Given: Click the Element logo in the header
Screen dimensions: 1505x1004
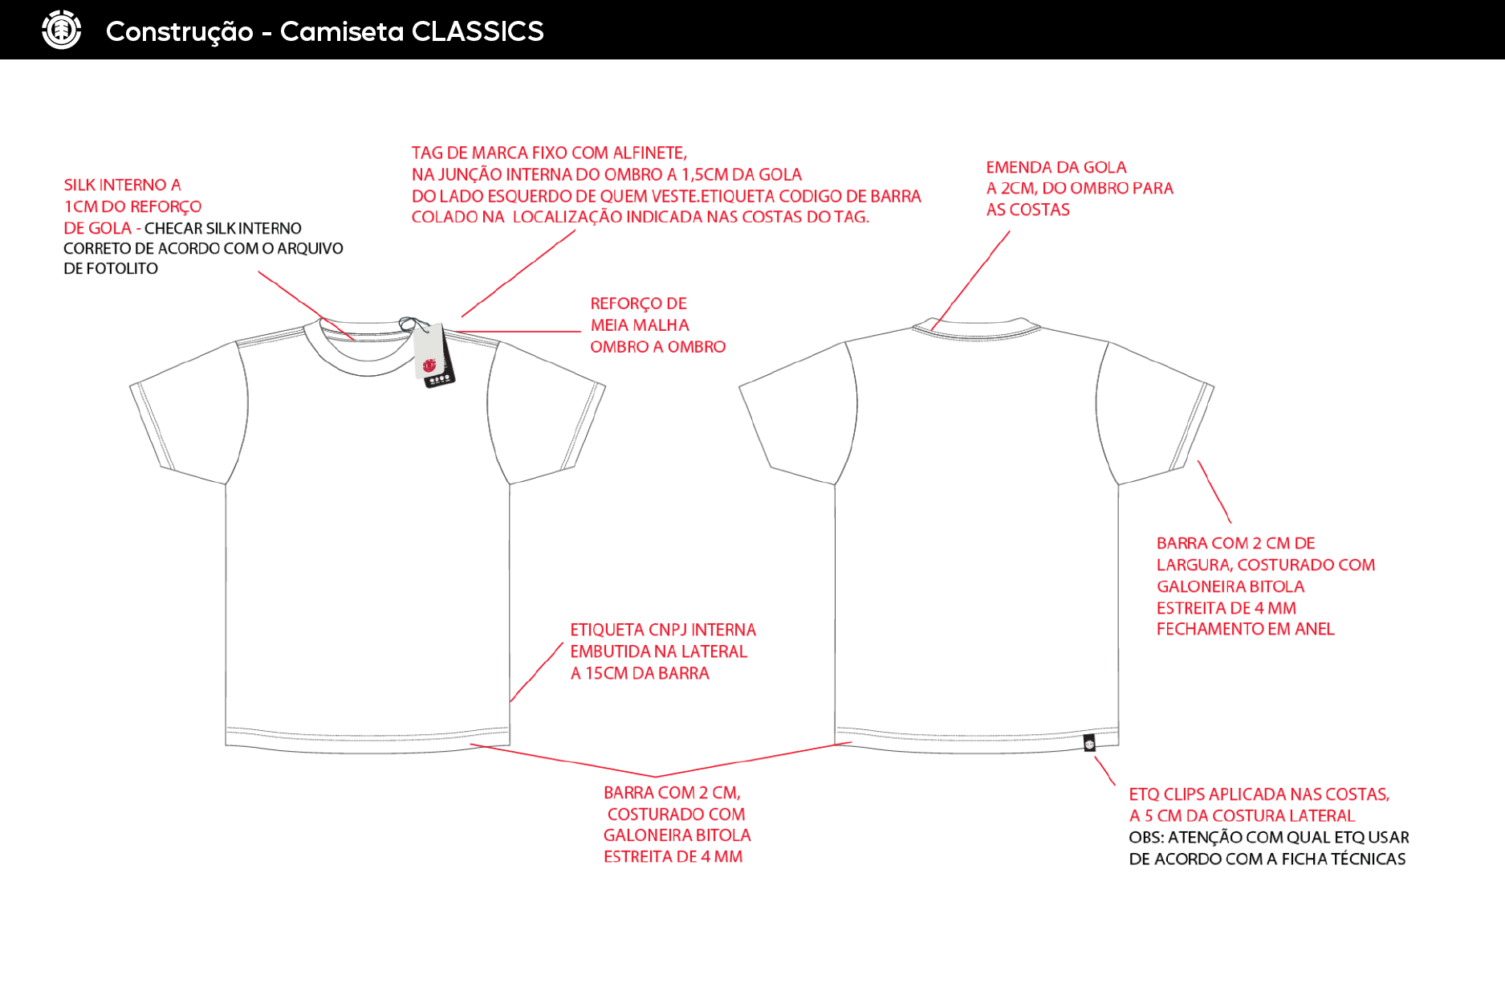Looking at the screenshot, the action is pyautogui.click(x=62, y=31).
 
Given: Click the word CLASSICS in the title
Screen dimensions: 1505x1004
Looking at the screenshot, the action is pyautogui.click(x=478, y=31).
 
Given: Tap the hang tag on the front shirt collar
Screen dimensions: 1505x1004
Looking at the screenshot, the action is pyautogui.click(x=433, y=355).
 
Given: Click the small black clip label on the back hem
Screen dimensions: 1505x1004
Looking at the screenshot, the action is pyautogui.click(x=1089, y=743).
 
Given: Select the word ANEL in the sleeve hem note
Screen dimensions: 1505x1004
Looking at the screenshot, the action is pyautogui.click(x=1315, y=629).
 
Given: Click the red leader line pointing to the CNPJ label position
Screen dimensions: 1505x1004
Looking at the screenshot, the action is pyautogui.click(x=536, y=672).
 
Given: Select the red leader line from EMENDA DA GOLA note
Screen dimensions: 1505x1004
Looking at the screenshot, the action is pyautogui.click(x=970, y=280).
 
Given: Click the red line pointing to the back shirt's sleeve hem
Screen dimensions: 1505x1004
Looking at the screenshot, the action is pyautogui.click(x=1214, y=492).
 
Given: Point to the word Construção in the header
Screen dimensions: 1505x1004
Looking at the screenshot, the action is pyautogui.click(x=180, y=31).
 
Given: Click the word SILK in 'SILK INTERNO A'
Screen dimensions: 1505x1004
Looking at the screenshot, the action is pyautogui.click(x=80, y=186).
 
